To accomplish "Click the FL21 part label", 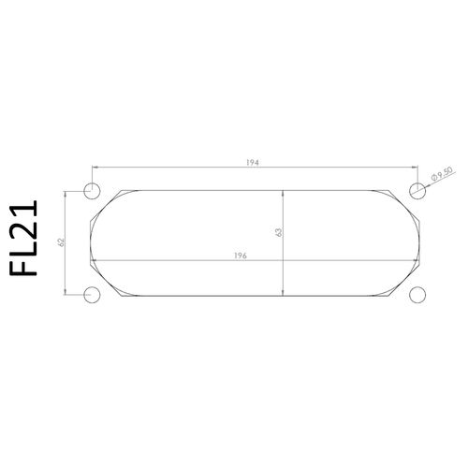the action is (x=23, y=238).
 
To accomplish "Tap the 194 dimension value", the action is (x=253, y=163).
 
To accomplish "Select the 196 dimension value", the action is (x=241, y=256).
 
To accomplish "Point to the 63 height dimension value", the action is (x=279, y=232).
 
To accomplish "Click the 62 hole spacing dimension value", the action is (x=61, y=242).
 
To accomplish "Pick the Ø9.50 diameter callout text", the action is (x=442, y=174).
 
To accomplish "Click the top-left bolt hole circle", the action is (x=92, y=190).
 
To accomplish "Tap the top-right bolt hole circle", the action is (x=417, y=190).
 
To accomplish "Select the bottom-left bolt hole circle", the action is (x=92, y=295).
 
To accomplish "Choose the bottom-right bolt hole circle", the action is (x=417, y=295).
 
